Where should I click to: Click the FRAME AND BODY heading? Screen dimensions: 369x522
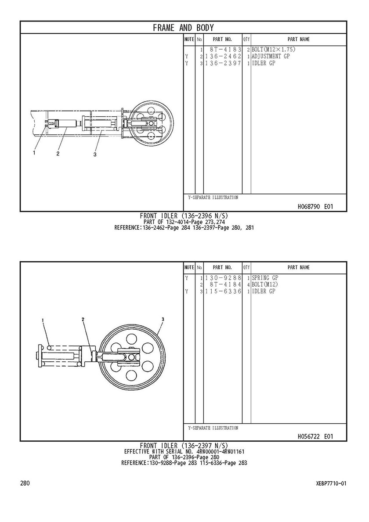(x=183, y=28)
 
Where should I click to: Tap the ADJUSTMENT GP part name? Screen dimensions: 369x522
(x=271, y=56)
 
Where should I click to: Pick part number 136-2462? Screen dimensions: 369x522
(x=223, y=56)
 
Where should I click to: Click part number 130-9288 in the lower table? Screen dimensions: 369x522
(x=223, y=278)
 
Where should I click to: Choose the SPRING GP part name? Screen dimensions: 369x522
(x=265, y=278)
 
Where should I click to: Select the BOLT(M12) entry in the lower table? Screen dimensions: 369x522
(x=265, y=284)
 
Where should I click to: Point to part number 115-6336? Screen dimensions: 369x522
(x=223, y=292)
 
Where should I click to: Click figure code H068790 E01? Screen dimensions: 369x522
(x=315, y=207)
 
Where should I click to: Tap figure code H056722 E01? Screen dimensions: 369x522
(x=315, y=436)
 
